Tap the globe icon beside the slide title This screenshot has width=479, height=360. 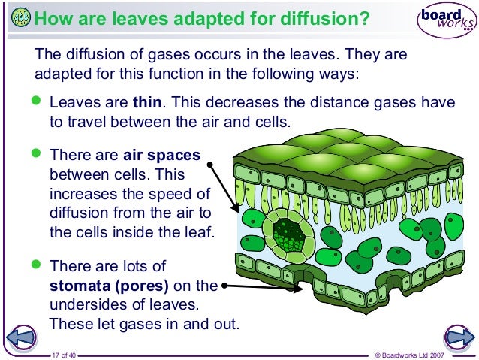coord(22,17)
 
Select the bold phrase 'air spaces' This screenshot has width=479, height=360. coord(161,156)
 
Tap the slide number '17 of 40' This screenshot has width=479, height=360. coord(64,354)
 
